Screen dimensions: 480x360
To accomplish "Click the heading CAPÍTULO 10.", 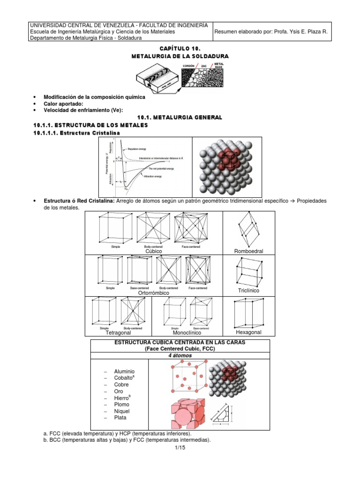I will point(180,49).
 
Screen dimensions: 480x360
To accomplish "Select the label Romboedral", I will point(248,251).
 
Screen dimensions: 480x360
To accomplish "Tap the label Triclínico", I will point(248,291).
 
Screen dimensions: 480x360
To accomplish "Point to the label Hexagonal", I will point(248,332).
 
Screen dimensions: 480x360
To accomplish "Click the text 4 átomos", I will point(180,355).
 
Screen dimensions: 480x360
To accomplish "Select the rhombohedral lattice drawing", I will point(248,230).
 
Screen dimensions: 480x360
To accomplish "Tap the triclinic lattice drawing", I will point(248,272).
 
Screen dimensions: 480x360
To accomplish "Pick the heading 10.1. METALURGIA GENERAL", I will point(180,117).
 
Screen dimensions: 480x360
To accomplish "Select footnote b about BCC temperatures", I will point(127,440).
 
